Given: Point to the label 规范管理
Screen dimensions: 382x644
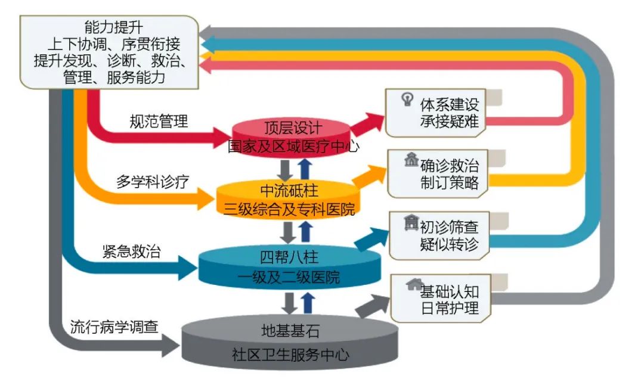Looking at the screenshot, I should (159, 122).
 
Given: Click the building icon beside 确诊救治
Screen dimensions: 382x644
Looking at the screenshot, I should (411, 161).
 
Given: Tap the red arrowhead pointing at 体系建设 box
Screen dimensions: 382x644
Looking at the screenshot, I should (373, 121).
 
